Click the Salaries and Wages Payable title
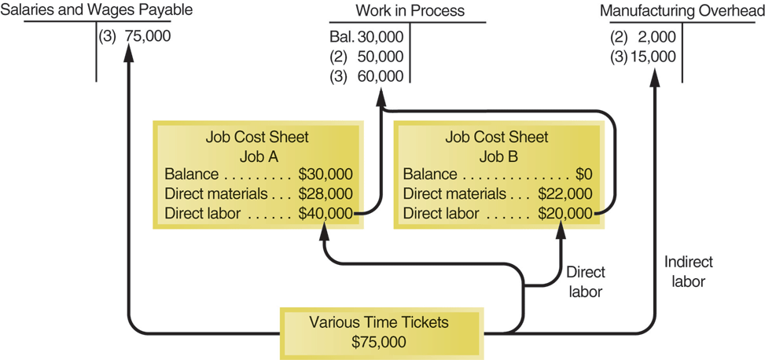pyautogui.click(x=97, y=11)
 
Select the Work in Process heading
pyautogui.click(x=410, y=11)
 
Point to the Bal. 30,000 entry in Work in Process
pyautogui.click(x=366, y=36)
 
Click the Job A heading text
pyautogui.click(x=259, y=156)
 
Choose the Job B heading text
pyautogui.click(x=496, y=156)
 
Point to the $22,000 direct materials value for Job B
pyautogui.click(x=564, y=193)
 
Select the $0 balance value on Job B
pyautogui.click(x=583, y=174)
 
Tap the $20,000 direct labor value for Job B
pyautogui.click(x=564, y=212)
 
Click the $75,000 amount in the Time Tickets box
pyautogui.click(x=379, y=341)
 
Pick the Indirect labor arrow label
pyautogui.click(x=689, y=271)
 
